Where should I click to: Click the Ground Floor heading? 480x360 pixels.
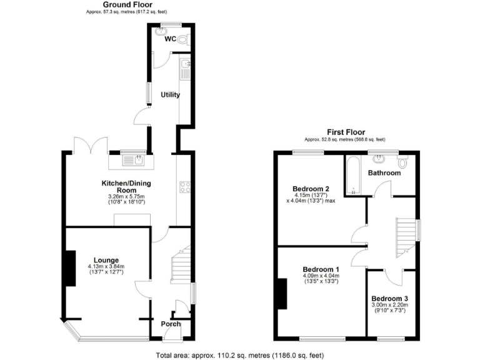(127, 4)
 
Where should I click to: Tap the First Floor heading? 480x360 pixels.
(346, 132)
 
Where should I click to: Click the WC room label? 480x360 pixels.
(169, 39)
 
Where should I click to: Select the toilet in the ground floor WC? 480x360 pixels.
(182, 39)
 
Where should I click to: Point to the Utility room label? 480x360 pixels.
(170, 95)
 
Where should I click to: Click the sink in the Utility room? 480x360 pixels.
(186, 66)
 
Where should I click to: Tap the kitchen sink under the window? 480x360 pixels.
(133, 161)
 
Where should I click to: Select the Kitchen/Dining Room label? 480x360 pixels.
(127, 186)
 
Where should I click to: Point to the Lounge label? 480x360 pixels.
(106, 260)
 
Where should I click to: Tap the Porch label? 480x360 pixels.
(171, 324)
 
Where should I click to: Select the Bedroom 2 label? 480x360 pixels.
(311, 188)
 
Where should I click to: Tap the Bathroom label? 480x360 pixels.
(384, 172)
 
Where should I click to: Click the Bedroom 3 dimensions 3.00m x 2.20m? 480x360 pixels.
(390, 305)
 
